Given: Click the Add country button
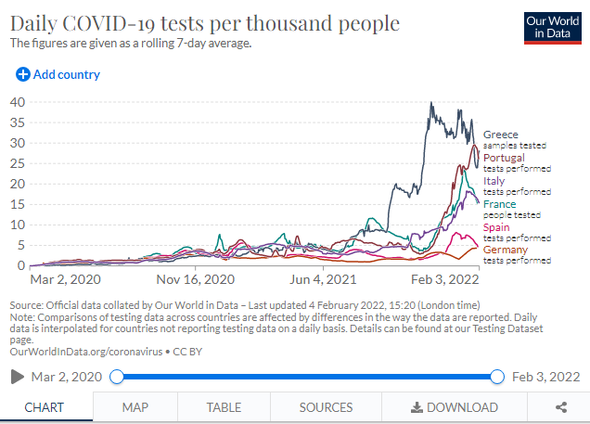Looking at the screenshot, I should [x=58, y=74].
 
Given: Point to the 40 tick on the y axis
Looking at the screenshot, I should [x=17, y=101].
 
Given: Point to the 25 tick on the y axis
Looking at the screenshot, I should [x=17, y=162].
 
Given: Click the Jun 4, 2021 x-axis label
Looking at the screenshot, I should [x=324, y=278].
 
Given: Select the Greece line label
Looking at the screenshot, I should [x=501, y=135].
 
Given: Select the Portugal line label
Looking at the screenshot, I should [x=505, y=158].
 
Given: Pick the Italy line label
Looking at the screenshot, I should [x=494, y=181].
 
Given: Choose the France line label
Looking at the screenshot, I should [x=499, y=204].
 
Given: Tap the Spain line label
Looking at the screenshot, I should [x=496, y=227].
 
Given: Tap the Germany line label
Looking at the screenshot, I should [x=506, y=250].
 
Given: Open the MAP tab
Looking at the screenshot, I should [x=135, y=406].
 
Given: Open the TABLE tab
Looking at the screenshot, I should [x=224, y=406].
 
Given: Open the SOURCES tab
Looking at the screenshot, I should [x=326, y=406].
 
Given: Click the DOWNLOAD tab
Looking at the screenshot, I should [x=455, y=406].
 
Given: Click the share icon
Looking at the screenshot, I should [x=561, y=406].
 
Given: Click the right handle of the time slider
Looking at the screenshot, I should [x=496, y=376].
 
